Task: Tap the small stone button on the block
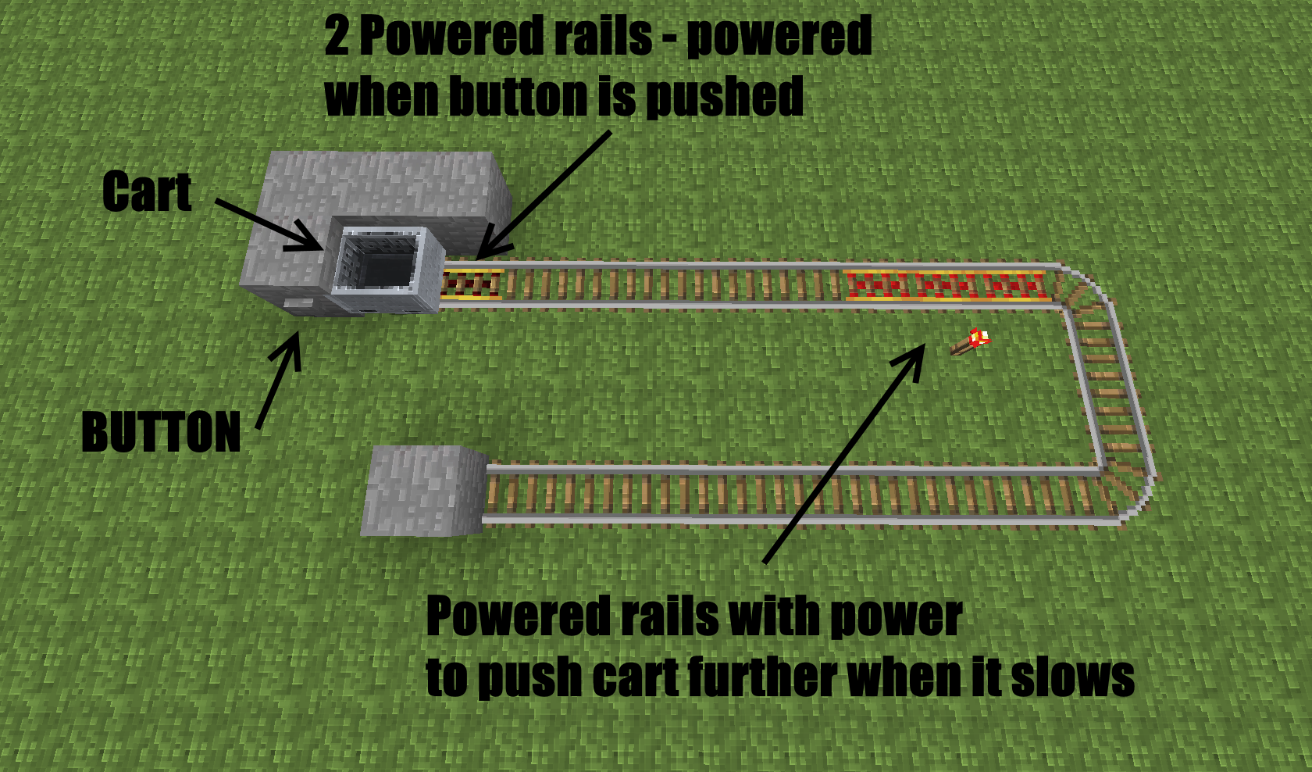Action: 296,302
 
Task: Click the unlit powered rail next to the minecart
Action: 471,284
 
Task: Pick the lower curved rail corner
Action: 1125,488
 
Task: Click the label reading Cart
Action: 147,192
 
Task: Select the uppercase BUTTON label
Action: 161,432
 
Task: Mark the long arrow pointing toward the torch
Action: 843,453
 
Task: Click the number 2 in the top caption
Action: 337,37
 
